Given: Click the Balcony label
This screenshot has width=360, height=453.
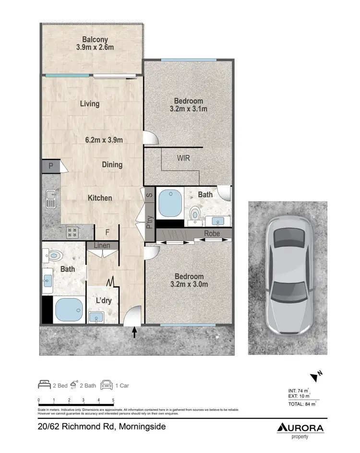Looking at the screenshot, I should click(95, 40).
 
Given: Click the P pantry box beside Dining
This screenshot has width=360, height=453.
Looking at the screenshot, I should click(51, 167).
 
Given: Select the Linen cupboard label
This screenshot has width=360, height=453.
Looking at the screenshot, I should click(102, 246).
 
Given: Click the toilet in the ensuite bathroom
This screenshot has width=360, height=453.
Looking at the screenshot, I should click(195, 213).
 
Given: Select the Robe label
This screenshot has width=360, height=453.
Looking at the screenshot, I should click(212, 234).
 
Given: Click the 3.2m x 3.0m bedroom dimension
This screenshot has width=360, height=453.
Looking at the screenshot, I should click(189, 285).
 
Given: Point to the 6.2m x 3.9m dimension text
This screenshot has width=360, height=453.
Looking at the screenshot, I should click(104, 140).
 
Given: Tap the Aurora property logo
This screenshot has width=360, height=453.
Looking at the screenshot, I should click(300, 429).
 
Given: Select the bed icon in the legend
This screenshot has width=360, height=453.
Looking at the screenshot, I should click(44, 385).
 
